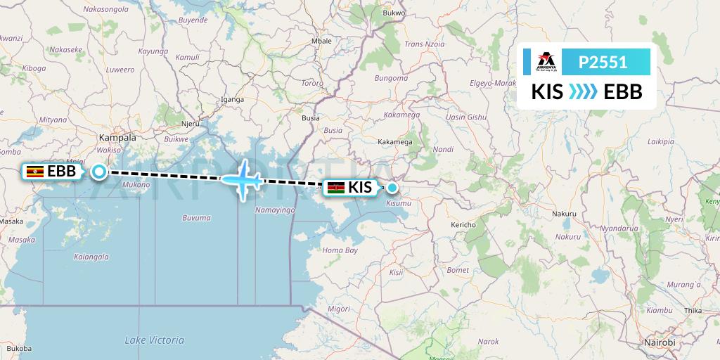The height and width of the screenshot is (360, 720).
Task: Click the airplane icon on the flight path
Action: click(x=243, y=179)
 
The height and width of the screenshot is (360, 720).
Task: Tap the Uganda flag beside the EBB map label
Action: click(x=34, y=171)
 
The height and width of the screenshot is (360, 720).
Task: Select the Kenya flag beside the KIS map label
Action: click(x=335, y=187)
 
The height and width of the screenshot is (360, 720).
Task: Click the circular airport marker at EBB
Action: click(x=99, y=171)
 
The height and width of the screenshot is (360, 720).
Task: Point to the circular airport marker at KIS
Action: click(x=392, y=187)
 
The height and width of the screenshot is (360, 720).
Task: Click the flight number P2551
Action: click(x=603, y=63)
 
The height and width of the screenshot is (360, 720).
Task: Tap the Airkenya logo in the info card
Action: click(x=546, y=63)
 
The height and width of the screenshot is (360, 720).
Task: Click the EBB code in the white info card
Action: click(x=623, y=92)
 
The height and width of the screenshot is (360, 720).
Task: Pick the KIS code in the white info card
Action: click(x=547, y=92)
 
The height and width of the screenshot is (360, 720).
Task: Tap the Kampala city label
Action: click(x=117, y=138)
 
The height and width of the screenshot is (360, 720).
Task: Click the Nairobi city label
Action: click(x=659, y=342)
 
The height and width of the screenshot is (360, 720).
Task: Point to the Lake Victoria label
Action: click(x=154, y=340)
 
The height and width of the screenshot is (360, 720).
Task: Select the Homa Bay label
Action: click(x=340, y=250)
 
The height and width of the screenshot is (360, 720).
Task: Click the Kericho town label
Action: click(x=463, y=225)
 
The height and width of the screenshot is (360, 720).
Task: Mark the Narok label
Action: click(x=488, y=342)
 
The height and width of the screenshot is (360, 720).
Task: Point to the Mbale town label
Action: click(x=321, y=41)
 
